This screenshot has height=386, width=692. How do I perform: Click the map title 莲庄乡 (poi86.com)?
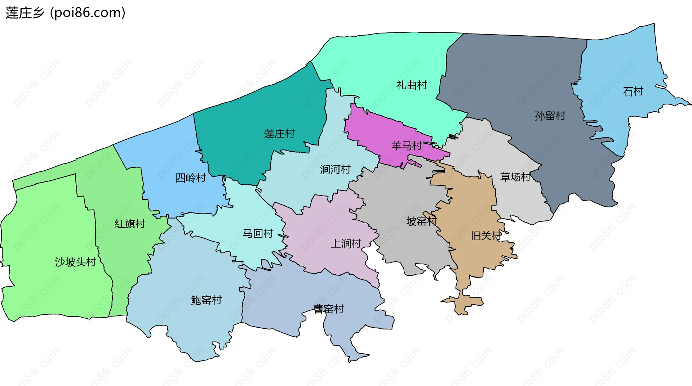65,13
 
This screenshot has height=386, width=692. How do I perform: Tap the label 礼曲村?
412,85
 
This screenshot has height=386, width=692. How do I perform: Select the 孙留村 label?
550,116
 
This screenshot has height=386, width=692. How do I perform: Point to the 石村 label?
633,91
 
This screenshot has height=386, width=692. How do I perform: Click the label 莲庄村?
279,134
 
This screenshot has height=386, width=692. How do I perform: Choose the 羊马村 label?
407,146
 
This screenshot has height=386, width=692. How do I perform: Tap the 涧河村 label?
335,170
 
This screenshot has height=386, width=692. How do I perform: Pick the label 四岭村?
191,178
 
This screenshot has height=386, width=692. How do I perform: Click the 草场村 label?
515,177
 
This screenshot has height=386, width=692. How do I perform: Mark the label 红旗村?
130,224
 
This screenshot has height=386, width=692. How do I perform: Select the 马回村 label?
258,234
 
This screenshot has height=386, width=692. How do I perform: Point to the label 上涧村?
346,244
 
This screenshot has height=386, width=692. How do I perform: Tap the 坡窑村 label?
421,221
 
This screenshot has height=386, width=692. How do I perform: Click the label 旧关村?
486,236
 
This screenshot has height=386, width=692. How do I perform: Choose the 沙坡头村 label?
75,262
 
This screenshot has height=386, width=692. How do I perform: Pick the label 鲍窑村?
206,300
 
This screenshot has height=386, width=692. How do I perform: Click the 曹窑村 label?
329,309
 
